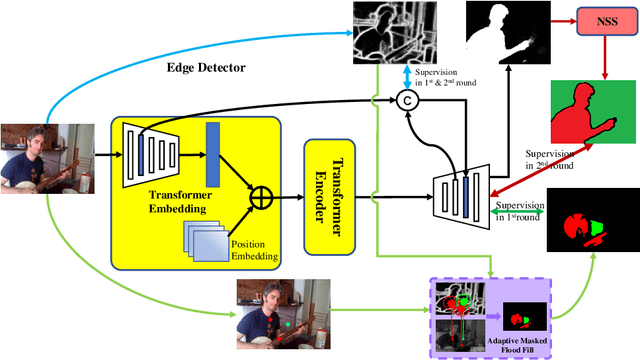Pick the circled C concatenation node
(x=407, y=100)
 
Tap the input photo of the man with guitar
(x=40, y=158)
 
